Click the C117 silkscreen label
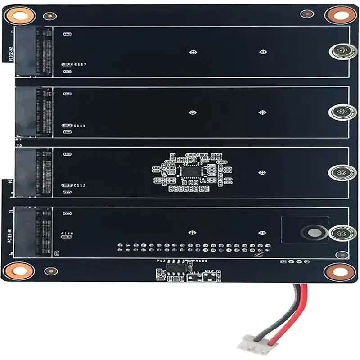(81, 65)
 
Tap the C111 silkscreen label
(80, 126)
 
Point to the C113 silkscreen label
(80, 185)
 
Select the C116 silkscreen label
(67, 233)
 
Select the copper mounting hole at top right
(341, 15)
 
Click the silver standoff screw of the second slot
(342, 112)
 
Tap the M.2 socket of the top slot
(43, 51)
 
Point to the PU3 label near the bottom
(161, 261)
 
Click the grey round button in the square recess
(312, 233)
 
